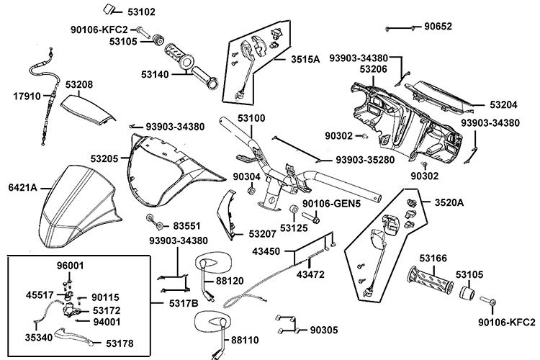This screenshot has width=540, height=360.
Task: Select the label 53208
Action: click(79, 84)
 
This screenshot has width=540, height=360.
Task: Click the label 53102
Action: click(140, 12)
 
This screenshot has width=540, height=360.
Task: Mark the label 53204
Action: click(505, 104)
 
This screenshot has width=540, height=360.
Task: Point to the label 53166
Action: click(433, 257)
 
